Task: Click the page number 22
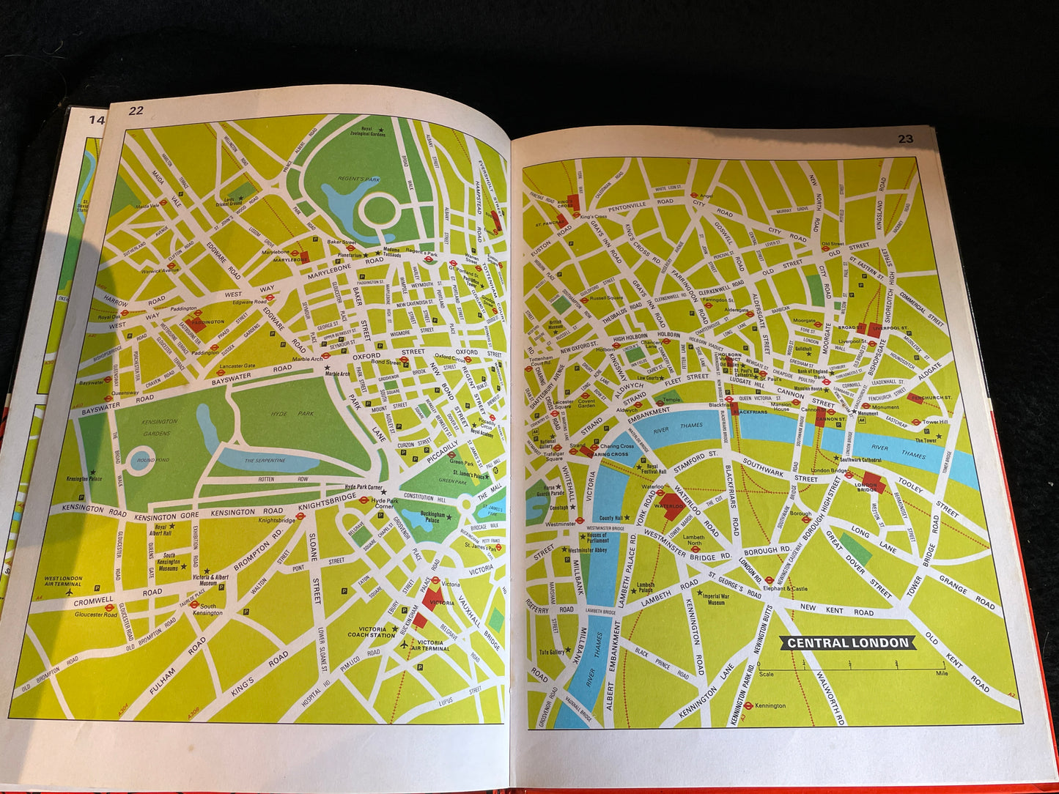point(136,111)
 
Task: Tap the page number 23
point(906,138)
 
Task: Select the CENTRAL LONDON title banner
point(848,643)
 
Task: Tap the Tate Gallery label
point(552,652)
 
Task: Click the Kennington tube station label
point(769,706)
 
